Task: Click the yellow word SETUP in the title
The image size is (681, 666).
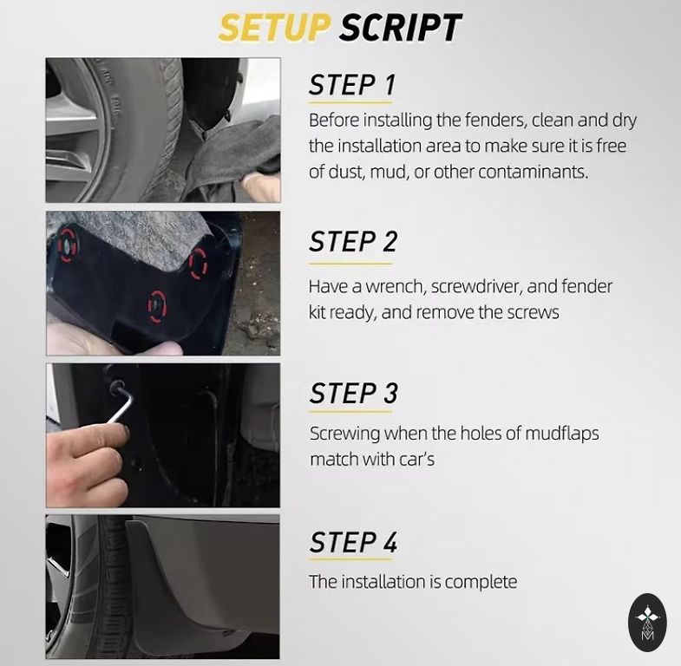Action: tap(273, 28)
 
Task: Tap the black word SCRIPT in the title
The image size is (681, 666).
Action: tap(401, 28)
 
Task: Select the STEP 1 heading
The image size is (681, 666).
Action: tap(352, 85)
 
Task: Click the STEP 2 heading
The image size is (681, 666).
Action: tap(353, 241)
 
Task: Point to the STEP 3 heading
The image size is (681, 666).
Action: tap(354, 393)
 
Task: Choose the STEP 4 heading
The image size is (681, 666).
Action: tap(354, 542)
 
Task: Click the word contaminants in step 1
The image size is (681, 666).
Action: tap(534, 173)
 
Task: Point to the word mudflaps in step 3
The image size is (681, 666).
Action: tap(561, 434)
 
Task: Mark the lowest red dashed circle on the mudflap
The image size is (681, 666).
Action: tap(157, 306)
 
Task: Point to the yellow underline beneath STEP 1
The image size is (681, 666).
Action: tap(350, 103)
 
